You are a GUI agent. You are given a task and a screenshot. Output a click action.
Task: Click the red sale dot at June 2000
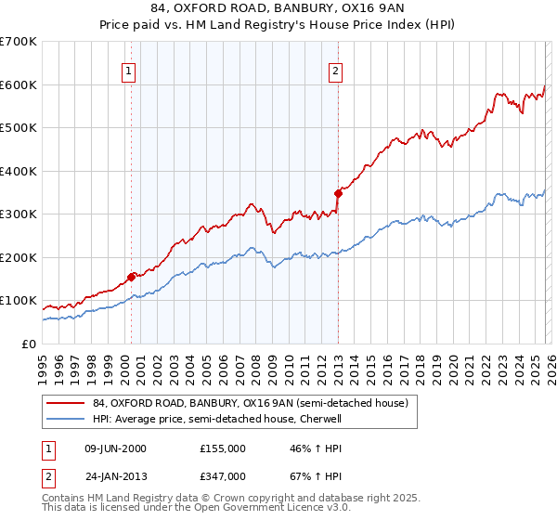click(x=132, y=276)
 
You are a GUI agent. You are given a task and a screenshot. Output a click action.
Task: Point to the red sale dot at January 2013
click(x=338, y=193)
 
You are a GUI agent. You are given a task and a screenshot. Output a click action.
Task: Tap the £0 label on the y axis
click(x=28, y=344)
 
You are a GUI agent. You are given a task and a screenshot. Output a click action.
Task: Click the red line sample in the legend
click(x=66, y=403)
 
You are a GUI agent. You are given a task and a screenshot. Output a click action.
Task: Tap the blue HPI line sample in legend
click(x=66, y=419)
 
